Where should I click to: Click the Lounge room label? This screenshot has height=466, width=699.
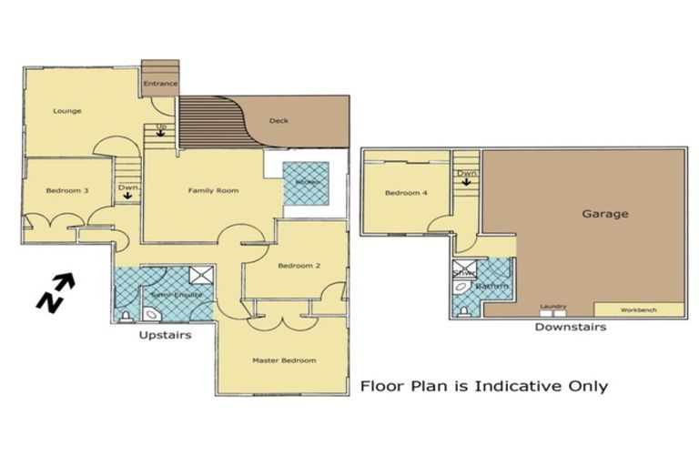point(67,111)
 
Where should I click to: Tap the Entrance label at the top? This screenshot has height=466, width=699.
point(161,84)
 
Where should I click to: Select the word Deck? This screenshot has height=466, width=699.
point(279,121)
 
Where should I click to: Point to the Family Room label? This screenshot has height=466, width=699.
point(213,190)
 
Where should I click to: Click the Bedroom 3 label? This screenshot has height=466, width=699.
point(67,190)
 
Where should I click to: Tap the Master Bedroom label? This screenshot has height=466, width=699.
point(284,360)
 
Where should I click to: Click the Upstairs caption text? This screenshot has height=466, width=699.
point(164,336)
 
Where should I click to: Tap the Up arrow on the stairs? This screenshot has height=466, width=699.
point(161,129)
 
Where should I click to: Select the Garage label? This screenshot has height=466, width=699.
point(605,215)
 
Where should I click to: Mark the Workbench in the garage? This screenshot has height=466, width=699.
point(637,309)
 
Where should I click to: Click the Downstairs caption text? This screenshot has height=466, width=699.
point(570,327)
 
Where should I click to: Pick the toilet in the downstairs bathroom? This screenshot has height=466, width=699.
point(465,310)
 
